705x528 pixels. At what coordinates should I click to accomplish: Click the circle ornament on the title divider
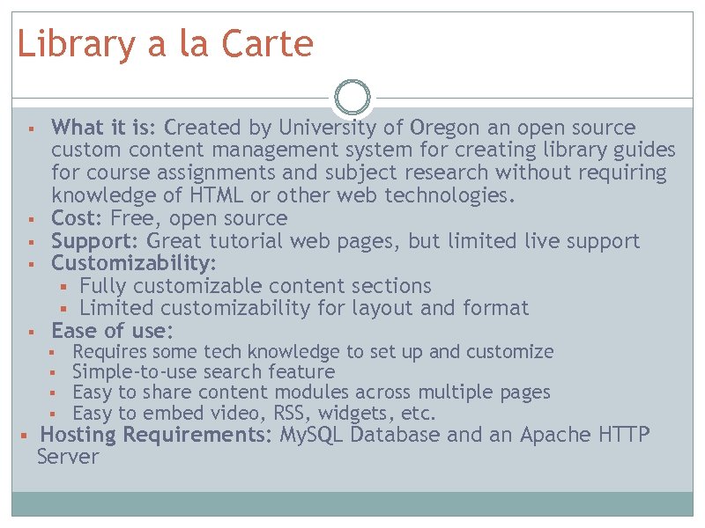coord(353,97)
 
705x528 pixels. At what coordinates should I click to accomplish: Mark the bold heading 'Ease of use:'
coord(112,331)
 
